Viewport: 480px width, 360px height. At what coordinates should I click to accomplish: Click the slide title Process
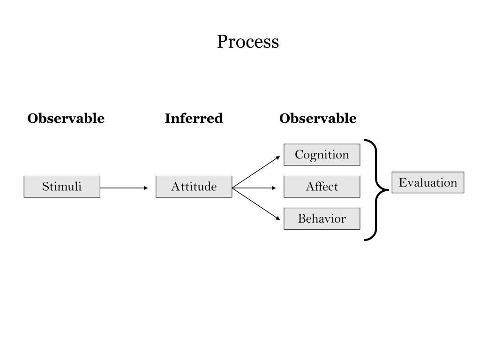pyautogui.click(x=248, y=42)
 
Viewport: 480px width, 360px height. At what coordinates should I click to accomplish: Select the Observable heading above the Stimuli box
pyautogui.click(x=66, y=118)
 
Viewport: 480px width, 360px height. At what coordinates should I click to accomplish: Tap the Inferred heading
pyautogui.click(x=194, y=118)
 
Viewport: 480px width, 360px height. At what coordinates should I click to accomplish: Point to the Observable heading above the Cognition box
pyautogui.click(x=318, y=118)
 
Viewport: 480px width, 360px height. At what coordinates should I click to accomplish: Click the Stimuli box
pyautogui.click(x=62, y=187)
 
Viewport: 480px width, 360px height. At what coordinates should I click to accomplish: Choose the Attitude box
pyautogui.click(x=194, y=187)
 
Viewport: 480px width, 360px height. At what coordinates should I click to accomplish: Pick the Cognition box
pyautogui.click(x=322, y=155)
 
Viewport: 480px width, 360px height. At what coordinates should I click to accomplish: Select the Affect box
pyautogui.click(x=322, y=187)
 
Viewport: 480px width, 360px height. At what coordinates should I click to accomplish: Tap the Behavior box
pyautogui.click(x=322, y=218)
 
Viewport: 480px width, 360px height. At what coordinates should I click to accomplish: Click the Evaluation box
pyautogui.click(x=428, y=182)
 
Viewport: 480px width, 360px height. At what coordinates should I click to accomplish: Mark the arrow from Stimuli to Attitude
pyautogui.click(x=124, y=187)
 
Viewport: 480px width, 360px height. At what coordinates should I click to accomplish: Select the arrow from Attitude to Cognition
pyautogui.click(x=256, y=172)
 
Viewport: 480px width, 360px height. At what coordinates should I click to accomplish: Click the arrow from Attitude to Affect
pyautogui.click(x=254, y=187)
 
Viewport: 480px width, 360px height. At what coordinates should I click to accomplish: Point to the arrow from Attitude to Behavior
pyautogui.click(x=256, y=204)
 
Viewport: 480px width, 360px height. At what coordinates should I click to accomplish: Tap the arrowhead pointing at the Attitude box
pyautogui.click(x=146, y=187)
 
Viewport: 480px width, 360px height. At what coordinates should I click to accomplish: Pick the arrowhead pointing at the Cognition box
pyautogui.click(x=278, y=157)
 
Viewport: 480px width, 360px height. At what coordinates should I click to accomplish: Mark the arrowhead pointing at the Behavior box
pyautogui.click(x=278, y=218)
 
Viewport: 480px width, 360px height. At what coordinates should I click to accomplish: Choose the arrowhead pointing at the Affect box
pyautogui.click(x=274, y=187)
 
